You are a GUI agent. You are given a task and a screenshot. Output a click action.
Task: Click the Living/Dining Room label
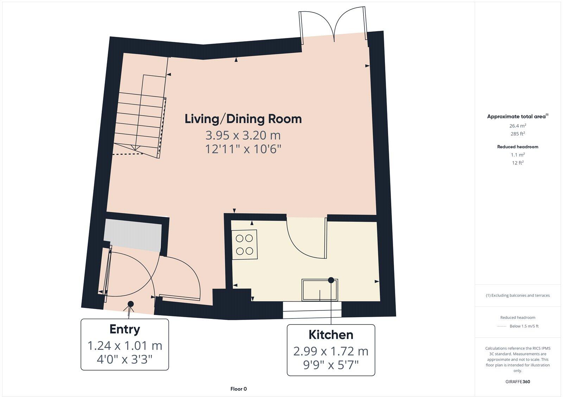click(x=243, y=119)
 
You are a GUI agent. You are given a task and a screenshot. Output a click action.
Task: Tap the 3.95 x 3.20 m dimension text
click(x=243, y=135)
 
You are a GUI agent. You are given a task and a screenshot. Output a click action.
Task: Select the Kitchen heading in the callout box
click(x=331, y=335)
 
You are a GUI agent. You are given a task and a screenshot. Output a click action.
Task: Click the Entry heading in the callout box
click(x=125, y=329)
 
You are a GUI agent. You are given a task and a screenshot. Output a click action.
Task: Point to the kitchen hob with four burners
click(x=244, y=245)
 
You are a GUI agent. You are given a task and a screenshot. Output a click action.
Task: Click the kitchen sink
click(x=320, y=290)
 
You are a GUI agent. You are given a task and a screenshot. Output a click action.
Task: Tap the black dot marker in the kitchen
click(x=331, y=280)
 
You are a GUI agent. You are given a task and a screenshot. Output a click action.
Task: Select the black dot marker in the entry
click(x=131, y=304)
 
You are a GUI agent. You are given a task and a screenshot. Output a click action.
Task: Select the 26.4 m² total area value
click(x=518, y=126)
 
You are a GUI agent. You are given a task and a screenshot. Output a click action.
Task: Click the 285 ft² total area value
click(x=518, y=134)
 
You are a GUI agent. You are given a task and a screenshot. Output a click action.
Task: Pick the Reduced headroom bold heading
click(x=518, y=147)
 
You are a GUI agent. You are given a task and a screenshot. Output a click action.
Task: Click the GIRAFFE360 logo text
click(x=518, y=382)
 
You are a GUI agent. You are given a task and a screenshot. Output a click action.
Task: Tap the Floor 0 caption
click(x=239, y=389)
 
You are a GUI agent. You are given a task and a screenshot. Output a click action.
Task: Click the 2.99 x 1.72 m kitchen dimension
click(x=331, y=351)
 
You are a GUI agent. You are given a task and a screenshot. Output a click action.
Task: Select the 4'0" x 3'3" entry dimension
click(x=125, y=360)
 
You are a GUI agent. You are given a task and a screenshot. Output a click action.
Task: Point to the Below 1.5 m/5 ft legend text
click(x=524, y=326)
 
